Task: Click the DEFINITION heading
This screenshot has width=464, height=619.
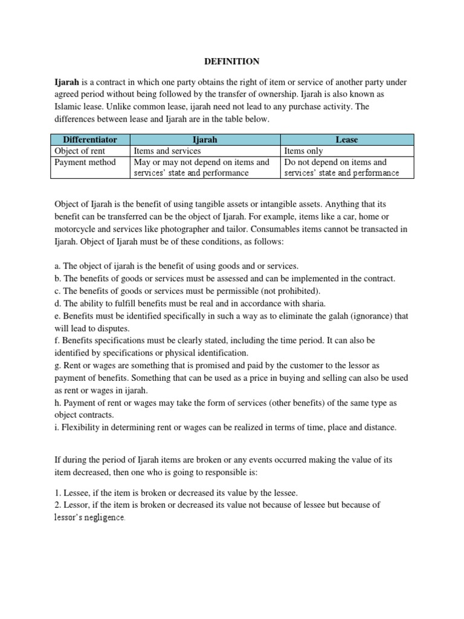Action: click(x=231, y=61)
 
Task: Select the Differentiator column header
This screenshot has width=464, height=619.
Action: click(x=90, y=140)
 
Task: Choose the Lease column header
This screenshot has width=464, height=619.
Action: click(x=346, y=140)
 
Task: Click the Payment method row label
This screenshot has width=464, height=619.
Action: click(x=85, y=162)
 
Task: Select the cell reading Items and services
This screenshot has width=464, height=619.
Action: click(x=167, y=151)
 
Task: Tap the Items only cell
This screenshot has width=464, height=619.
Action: click(x=303, y=151)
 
